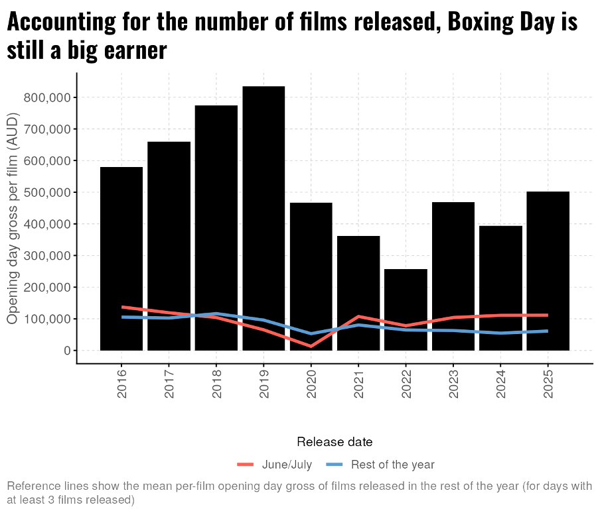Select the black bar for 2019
[x=263, y=199]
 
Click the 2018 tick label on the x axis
[x=216, y=384]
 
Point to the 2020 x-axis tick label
[x=311, y=384]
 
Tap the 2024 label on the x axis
[x=500, y=384]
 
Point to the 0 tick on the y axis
[x=67, y=351]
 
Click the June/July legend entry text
[x=287, y=465]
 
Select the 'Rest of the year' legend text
[x=393, y=465]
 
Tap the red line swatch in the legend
[x=246, y=465]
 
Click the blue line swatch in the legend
[x=335, y=465]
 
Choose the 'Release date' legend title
[x=335, y=442]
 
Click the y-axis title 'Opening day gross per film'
[x=13, y=219]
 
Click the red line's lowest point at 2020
[x=311, y=346]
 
